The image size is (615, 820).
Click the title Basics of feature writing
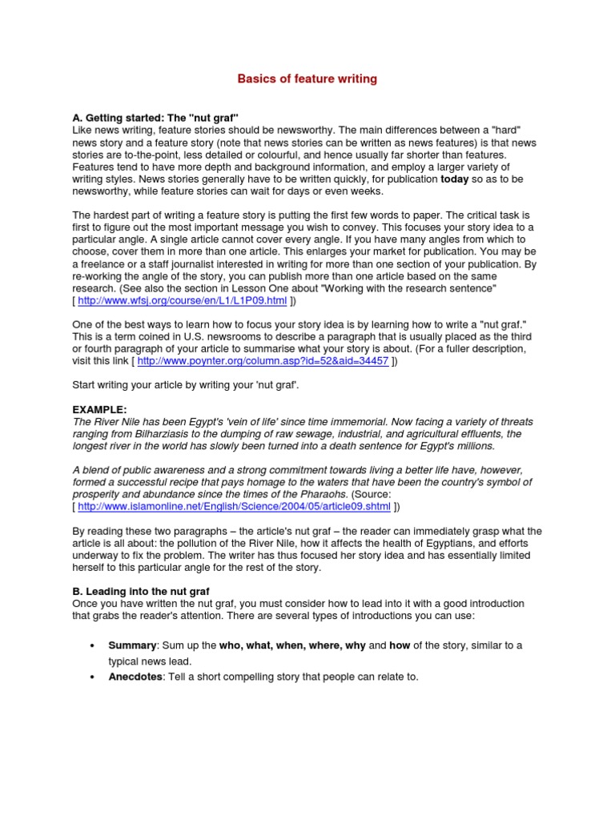(307, 79)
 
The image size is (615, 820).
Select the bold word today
(456, 180)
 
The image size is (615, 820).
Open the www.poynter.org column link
(263, 361)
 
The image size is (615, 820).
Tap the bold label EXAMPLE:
(99, 409)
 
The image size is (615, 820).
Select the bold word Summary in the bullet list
(131, 645)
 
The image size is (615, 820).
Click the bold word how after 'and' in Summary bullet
(400, 645)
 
